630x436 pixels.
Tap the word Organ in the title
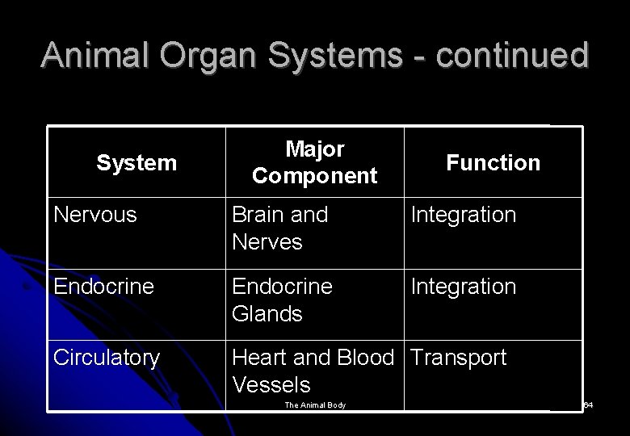click(x=207, y=55)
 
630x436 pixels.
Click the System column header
click(x=136, y=163)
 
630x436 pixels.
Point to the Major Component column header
click(x=314, y=162)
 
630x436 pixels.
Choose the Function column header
click(x=493, y=163)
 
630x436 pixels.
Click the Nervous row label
click(x=95, y=215)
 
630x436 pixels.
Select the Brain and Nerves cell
click(x=279, y=228)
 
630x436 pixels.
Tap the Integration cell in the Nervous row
click(x=463, y=215)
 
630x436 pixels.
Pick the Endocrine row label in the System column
click(x=103, y=287)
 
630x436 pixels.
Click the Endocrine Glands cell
click(x=282, y=300)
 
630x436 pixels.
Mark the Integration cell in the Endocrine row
click(x=463, y=287)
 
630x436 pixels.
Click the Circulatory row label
click(x=107, y=358)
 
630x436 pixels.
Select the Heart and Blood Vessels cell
click(x=312, y=370)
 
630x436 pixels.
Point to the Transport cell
click(x=459, y=358)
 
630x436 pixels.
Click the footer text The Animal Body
click(x=315, y=405)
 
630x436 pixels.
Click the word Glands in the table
click(x=267, y=313)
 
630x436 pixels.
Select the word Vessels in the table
click(x=271, y=384)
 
